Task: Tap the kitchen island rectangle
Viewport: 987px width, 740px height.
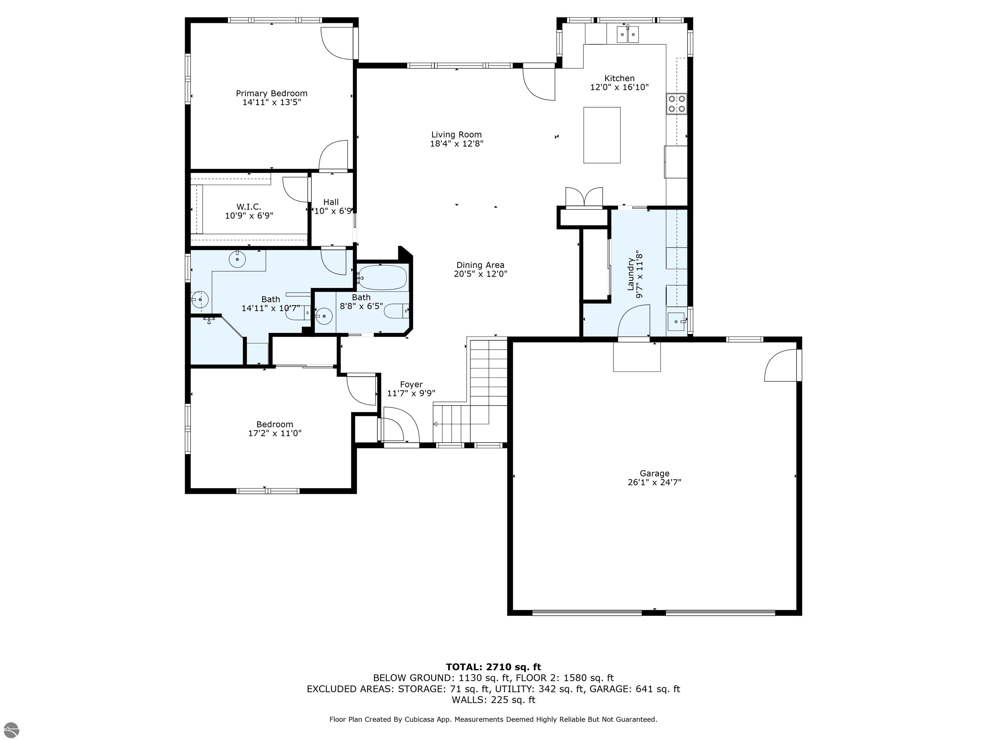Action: [601, 135]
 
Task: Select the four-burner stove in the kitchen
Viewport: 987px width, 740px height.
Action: [676, 104]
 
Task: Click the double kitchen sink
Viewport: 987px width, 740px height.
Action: [628, 34]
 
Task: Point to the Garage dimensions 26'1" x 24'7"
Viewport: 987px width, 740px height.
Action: [654, 482]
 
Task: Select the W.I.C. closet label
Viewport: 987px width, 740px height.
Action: [249, 207]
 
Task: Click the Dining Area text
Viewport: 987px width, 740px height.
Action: [480, 265]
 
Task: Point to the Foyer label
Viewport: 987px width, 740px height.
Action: [411, 384]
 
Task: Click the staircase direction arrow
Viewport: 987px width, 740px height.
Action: [436, 424]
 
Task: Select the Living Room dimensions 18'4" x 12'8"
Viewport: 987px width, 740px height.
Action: [457, 144]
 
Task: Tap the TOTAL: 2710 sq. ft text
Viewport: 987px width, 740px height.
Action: [493, 667]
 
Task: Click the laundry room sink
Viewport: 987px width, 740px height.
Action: [676, 321]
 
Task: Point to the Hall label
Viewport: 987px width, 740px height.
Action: [331, 202]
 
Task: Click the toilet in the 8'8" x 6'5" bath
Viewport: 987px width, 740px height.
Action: [396, 311]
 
